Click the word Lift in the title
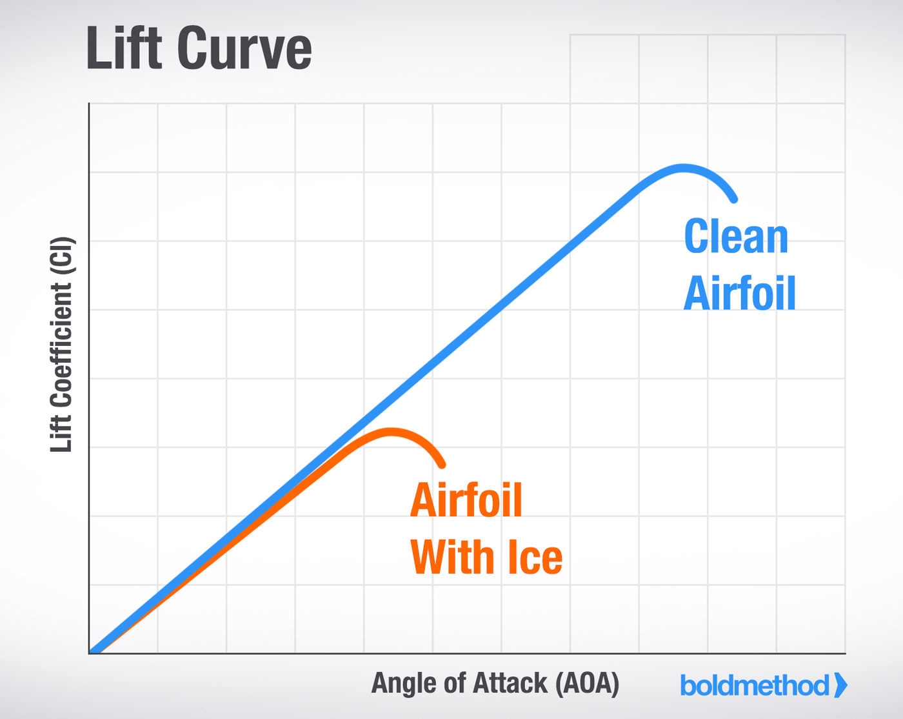pos(124,47)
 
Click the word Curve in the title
pos(245,50)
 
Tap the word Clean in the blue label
pos(736,236)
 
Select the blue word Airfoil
pos(740,293)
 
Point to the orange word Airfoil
pos(466,500)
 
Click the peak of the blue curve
pos(683,168)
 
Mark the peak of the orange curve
pos(391,432)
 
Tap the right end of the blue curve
pos(734,200)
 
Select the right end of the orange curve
pos(442,465)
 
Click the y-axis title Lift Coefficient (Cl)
pos(61,345)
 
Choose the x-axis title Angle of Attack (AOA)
pos(495,684)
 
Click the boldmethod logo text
pos(755,685)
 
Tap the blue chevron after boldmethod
pos(840,685)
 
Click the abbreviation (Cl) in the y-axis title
pos(62,257)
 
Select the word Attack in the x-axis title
pos(510,682)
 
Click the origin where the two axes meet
pos(89,653)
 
